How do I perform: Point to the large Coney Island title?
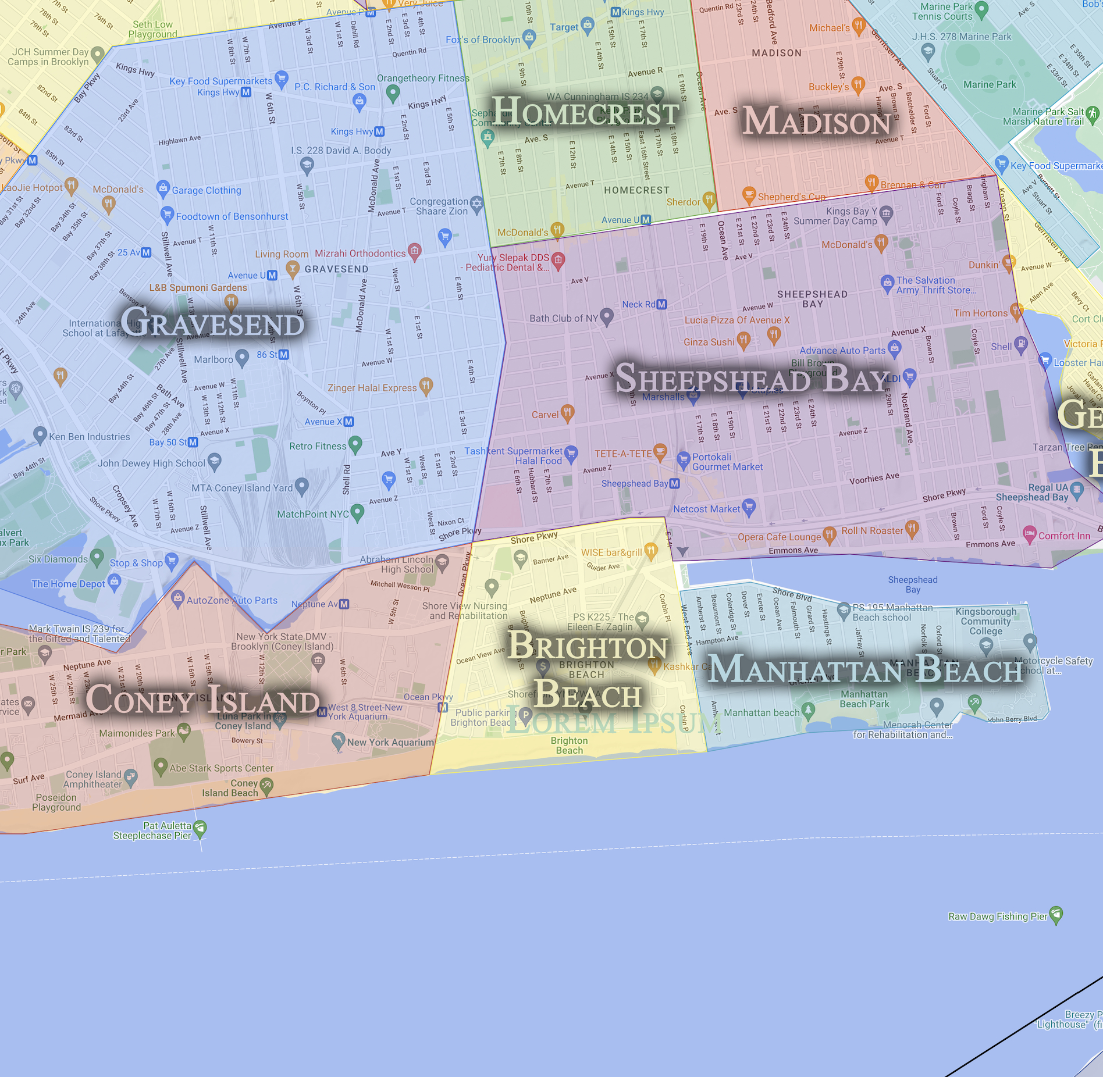click(x=202, y=699)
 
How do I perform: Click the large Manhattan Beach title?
click(x=865, y=669)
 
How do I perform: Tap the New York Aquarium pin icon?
click(x=338, y=740)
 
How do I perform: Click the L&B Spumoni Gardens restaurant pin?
click(x=231, y=301)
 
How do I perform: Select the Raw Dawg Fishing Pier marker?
click(x=1056, y=915)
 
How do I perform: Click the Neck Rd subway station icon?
click(x=661, y=304)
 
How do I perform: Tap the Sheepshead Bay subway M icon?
click(x=674, y=483)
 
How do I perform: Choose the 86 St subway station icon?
click(x=283, y=354)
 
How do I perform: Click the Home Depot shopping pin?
click(x=115, y=581)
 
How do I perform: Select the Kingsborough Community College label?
click(x=985, y=621)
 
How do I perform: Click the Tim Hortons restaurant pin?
click(x=1016, y=311)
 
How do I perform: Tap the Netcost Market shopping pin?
click(x=749, y=507)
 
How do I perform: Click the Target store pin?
click(x=588, y=25)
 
